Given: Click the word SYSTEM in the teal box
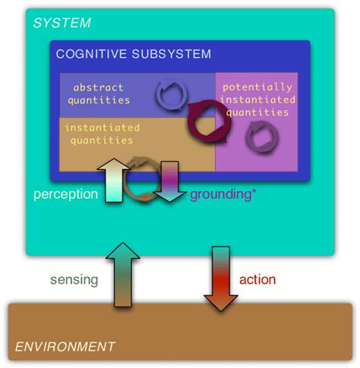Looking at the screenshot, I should tap(62, 24).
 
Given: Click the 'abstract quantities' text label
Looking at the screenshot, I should tap(99, 93).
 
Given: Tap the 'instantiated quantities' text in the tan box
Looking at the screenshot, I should tap(99, 134).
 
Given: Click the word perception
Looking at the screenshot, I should tap(65, 194).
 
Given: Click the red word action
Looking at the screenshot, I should tap(257, 280).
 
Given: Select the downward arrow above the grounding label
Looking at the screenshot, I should tap(169, 179).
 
